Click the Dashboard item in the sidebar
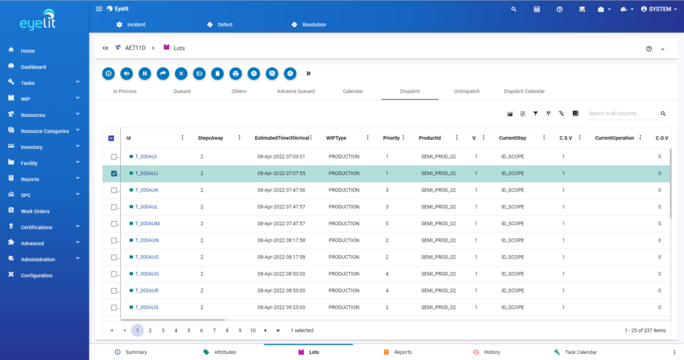point(33,67)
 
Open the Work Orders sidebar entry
point(35,211)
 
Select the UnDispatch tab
point(466,91)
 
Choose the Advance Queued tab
point(295,91)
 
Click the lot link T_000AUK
point(146,190)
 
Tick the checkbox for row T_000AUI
point(114,156)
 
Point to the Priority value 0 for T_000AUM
point(387,223)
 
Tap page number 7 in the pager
point(214,330)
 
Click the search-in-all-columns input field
point(621,114)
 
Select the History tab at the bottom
point(492,352)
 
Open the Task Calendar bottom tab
point(580,352)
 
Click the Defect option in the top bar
point(225,25)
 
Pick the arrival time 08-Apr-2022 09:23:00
point(281,307)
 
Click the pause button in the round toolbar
point(145,73)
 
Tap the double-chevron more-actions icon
point(309,73)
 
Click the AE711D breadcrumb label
point(135,48)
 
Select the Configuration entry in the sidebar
point(36,275)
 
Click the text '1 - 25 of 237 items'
point(645,330)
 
